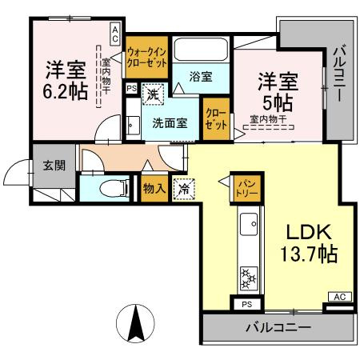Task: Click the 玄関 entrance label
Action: point(54,166)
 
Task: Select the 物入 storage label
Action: point(154,189)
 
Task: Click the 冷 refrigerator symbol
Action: point(184,190)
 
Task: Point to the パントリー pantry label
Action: point(246,187)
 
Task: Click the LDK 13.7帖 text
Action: point(307,246)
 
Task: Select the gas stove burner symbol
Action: point(247,276)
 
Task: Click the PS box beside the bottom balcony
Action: point(246,304)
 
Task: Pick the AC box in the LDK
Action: point(339,297)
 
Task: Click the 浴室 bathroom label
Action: point(200,77)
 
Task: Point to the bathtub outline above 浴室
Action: point(201,51)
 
